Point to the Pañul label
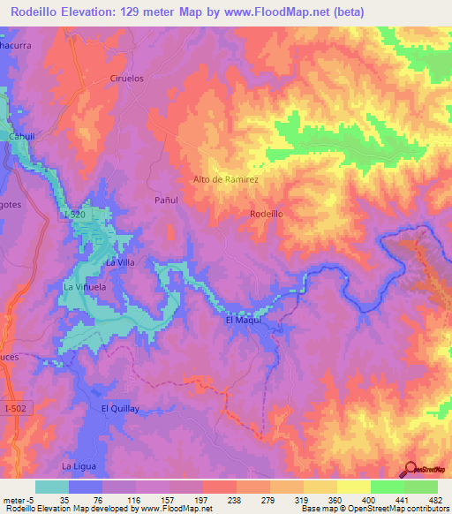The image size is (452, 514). tap(166, 200)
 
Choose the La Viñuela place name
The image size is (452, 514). tap(85, 287)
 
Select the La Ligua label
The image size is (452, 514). tap(78, 465)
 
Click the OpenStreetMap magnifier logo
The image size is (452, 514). tap(409, 469)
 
